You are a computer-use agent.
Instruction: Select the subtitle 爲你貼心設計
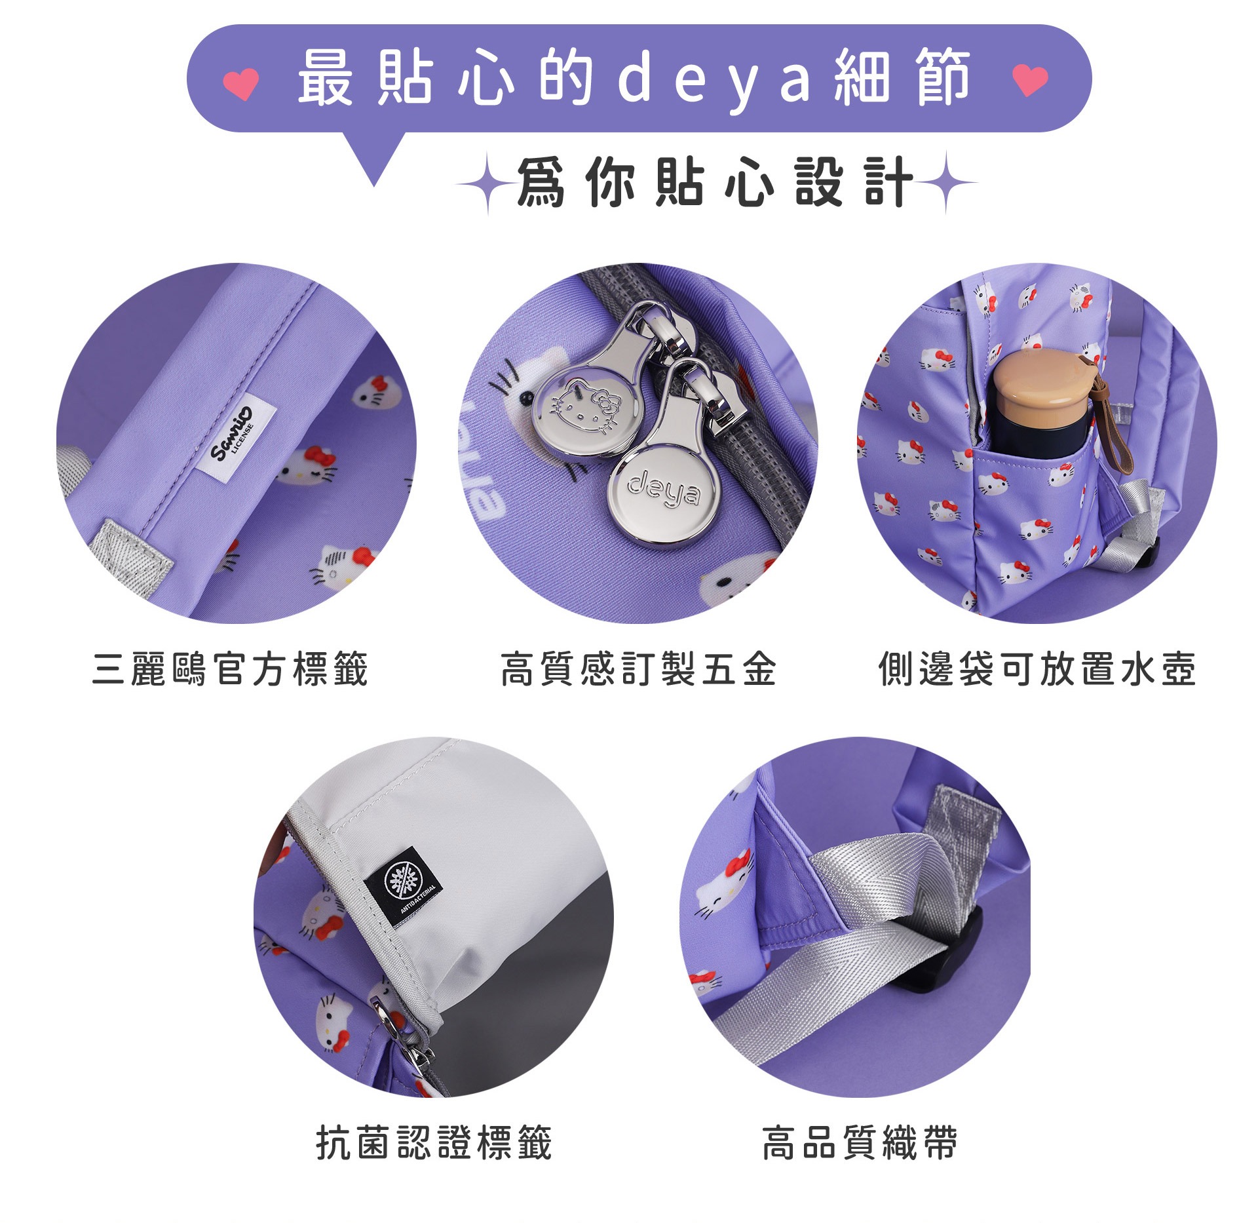715,182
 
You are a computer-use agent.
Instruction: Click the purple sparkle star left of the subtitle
487,184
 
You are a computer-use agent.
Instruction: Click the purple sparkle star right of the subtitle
946,182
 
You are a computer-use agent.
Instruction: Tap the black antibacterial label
402,885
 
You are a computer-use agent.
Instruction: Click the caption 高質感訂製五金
638,669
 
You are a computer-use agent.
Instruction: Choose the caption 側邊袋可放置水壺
1037,669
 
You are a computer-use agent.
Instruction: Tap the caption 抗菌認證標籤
434,1143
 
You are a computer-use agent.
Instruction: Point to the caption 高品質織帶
860,1143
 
